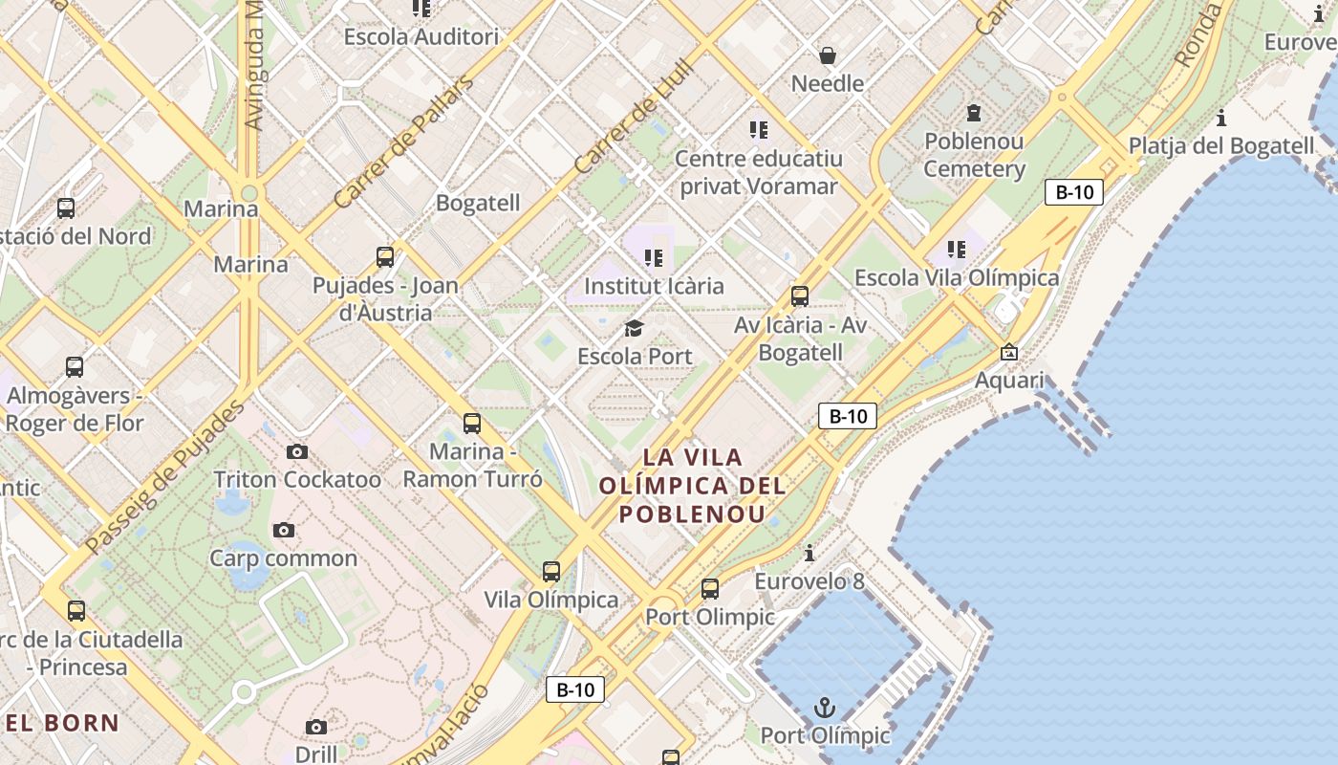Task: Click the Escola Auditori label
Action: tap(421, 37)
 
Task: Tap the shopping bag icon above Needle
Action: tap(828, 55)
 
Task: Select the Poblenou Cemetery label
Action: tap(974, 155)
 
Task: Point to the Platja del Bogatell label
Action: tap(1221, 146)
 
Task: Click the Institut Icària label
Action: tap(654, 286)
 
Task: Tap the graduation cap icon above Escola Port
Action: tap(634, 329)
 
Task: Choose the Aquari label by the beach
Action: tap(1009, 381)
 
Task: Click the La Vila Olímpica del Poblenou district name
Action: tap(692, 485)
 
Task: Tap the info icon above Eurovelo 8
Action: tap(809, 553)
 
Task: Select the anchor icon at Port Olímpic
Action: tap(824, 708)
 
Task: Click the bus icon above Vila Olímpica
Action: tap(551, 572)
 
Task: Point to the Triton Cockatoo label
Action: tap(297, 479)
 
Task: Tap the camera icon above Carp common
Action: tap(283, 530)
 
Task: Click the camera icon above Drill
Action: tap(315, 728)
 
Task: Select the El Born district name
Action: tap(62, 723)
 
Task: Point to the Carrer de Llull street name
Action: tap(634, 119)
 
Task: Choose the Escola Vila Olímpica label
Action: tap(956, 278)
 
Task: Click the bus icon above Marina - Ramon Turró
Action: tap(471, 423)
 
